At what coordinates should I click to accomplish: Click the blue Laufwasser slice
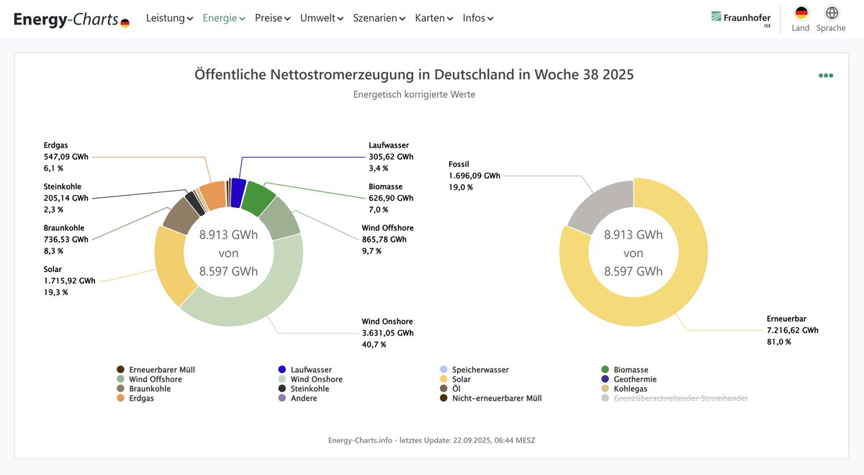[238, 192]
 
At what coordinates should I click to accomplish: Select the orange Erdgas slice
[213, 195]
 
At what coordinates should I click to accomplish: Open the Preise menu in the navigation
[272, 18]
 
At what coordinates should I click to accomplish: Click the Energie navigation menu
[223, 18]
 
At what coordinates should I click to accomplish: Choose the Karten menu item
[433, 18]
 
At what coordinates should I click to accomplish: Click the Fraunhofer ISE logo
[741, 18]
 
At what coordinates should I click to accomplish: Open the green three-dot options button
[825, 76]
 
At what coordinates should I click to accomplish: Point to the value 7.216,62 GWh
[792, 330]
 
